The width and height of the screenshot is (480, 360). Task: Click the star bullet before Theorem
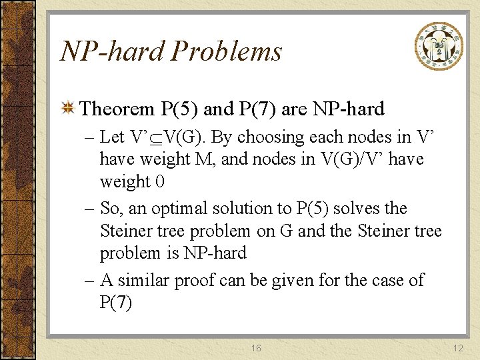point(67,109)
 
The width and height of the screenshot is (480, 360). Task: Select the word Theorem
point(118,109)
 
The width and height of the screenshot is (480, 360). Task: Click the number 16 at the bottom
point(256,348)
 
